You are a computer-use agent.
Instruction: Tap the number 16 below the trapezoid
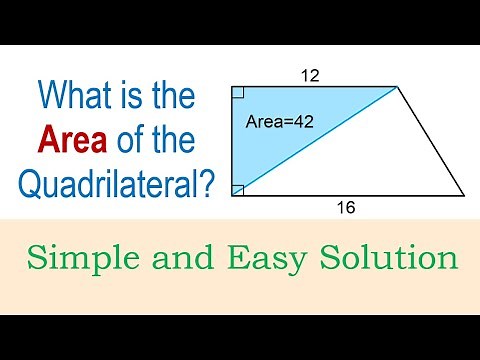[x=346, y=208]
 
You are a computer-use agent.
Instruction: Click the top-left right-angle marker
[x=236, y=93]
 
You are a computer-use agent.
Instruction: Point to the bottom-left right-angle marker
[x=236, y=189]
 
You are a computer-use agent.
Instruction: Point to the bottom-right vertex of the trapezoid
[x=464, y=195]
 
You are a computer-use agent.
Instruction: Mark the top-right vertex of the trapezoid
[x=398, y=87]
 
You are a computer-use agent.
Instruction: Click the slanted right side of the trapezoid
[x=431, y=141]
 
